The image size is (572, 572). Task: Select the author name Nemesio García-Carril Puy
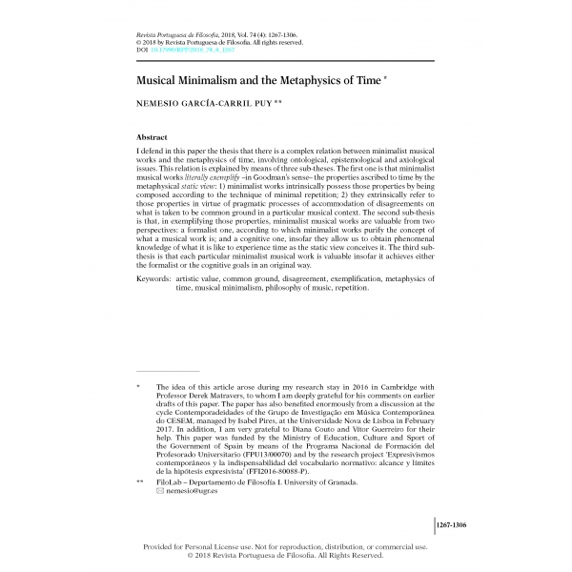click(x=198, y=105)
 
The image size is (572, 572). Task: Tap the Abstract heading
click(x=153, y=137)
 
